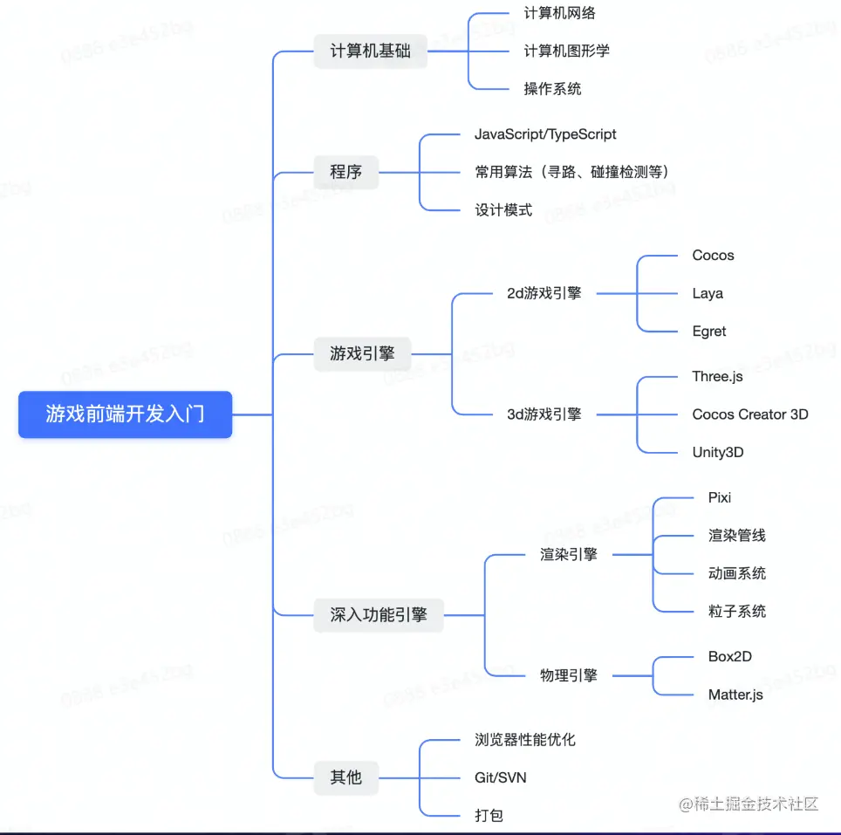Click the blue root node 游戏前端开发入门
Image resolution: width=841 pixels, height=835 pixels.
(x=125, y=414)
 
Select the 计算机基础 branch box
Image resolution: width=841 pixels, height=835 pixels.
(x=370, y=51)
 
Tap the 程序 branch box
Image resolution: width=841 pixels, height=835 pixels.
(x=345, y=172)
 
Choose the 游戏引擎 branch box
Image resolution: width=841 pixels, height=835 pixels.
(x=362, y=353)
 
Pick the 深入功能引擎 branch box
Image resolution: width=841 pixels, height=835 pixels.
(x=379, y=614)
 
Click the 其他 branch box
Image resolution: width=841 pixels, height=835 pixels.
(x=345, y=777)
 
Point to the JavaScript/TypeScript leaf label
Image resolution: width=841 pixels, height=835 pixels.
(x=545, y=134)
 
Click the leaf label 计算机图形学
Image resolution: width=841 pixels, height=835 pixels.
(x=566, y=51)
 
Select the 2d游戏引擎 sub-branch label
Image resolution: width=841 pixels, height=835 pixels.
(x=544, y=293)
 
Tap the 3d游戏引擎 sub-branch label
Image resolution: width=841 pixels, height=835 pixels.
(x=544, y=414)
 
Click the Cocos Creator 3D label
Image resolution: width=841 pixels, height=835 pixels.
(x=749, y=414)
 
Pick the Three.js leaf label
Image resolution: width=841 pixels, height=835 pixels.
(x=717, y=376)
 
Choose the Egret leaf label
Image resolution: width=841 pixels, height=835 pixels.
(x=708, y=331)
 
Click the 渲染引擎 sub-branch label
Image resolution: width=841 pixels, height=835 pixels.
(x=568, y=554)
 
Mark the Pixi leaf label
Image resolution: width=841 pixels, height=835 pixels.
(x=719, y=497)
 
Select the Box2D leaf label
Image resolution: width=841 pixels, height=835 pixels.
(x=729, y=656)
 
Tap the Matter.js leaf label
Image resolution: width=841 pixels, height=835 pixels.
(x=735, y=695)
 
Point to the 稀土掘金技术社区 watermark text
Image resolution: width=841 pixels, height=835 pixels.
(x=750, y=804)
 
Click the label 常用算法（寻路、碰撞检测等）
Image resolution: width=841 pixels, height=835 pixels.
(x=571, y=172)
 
